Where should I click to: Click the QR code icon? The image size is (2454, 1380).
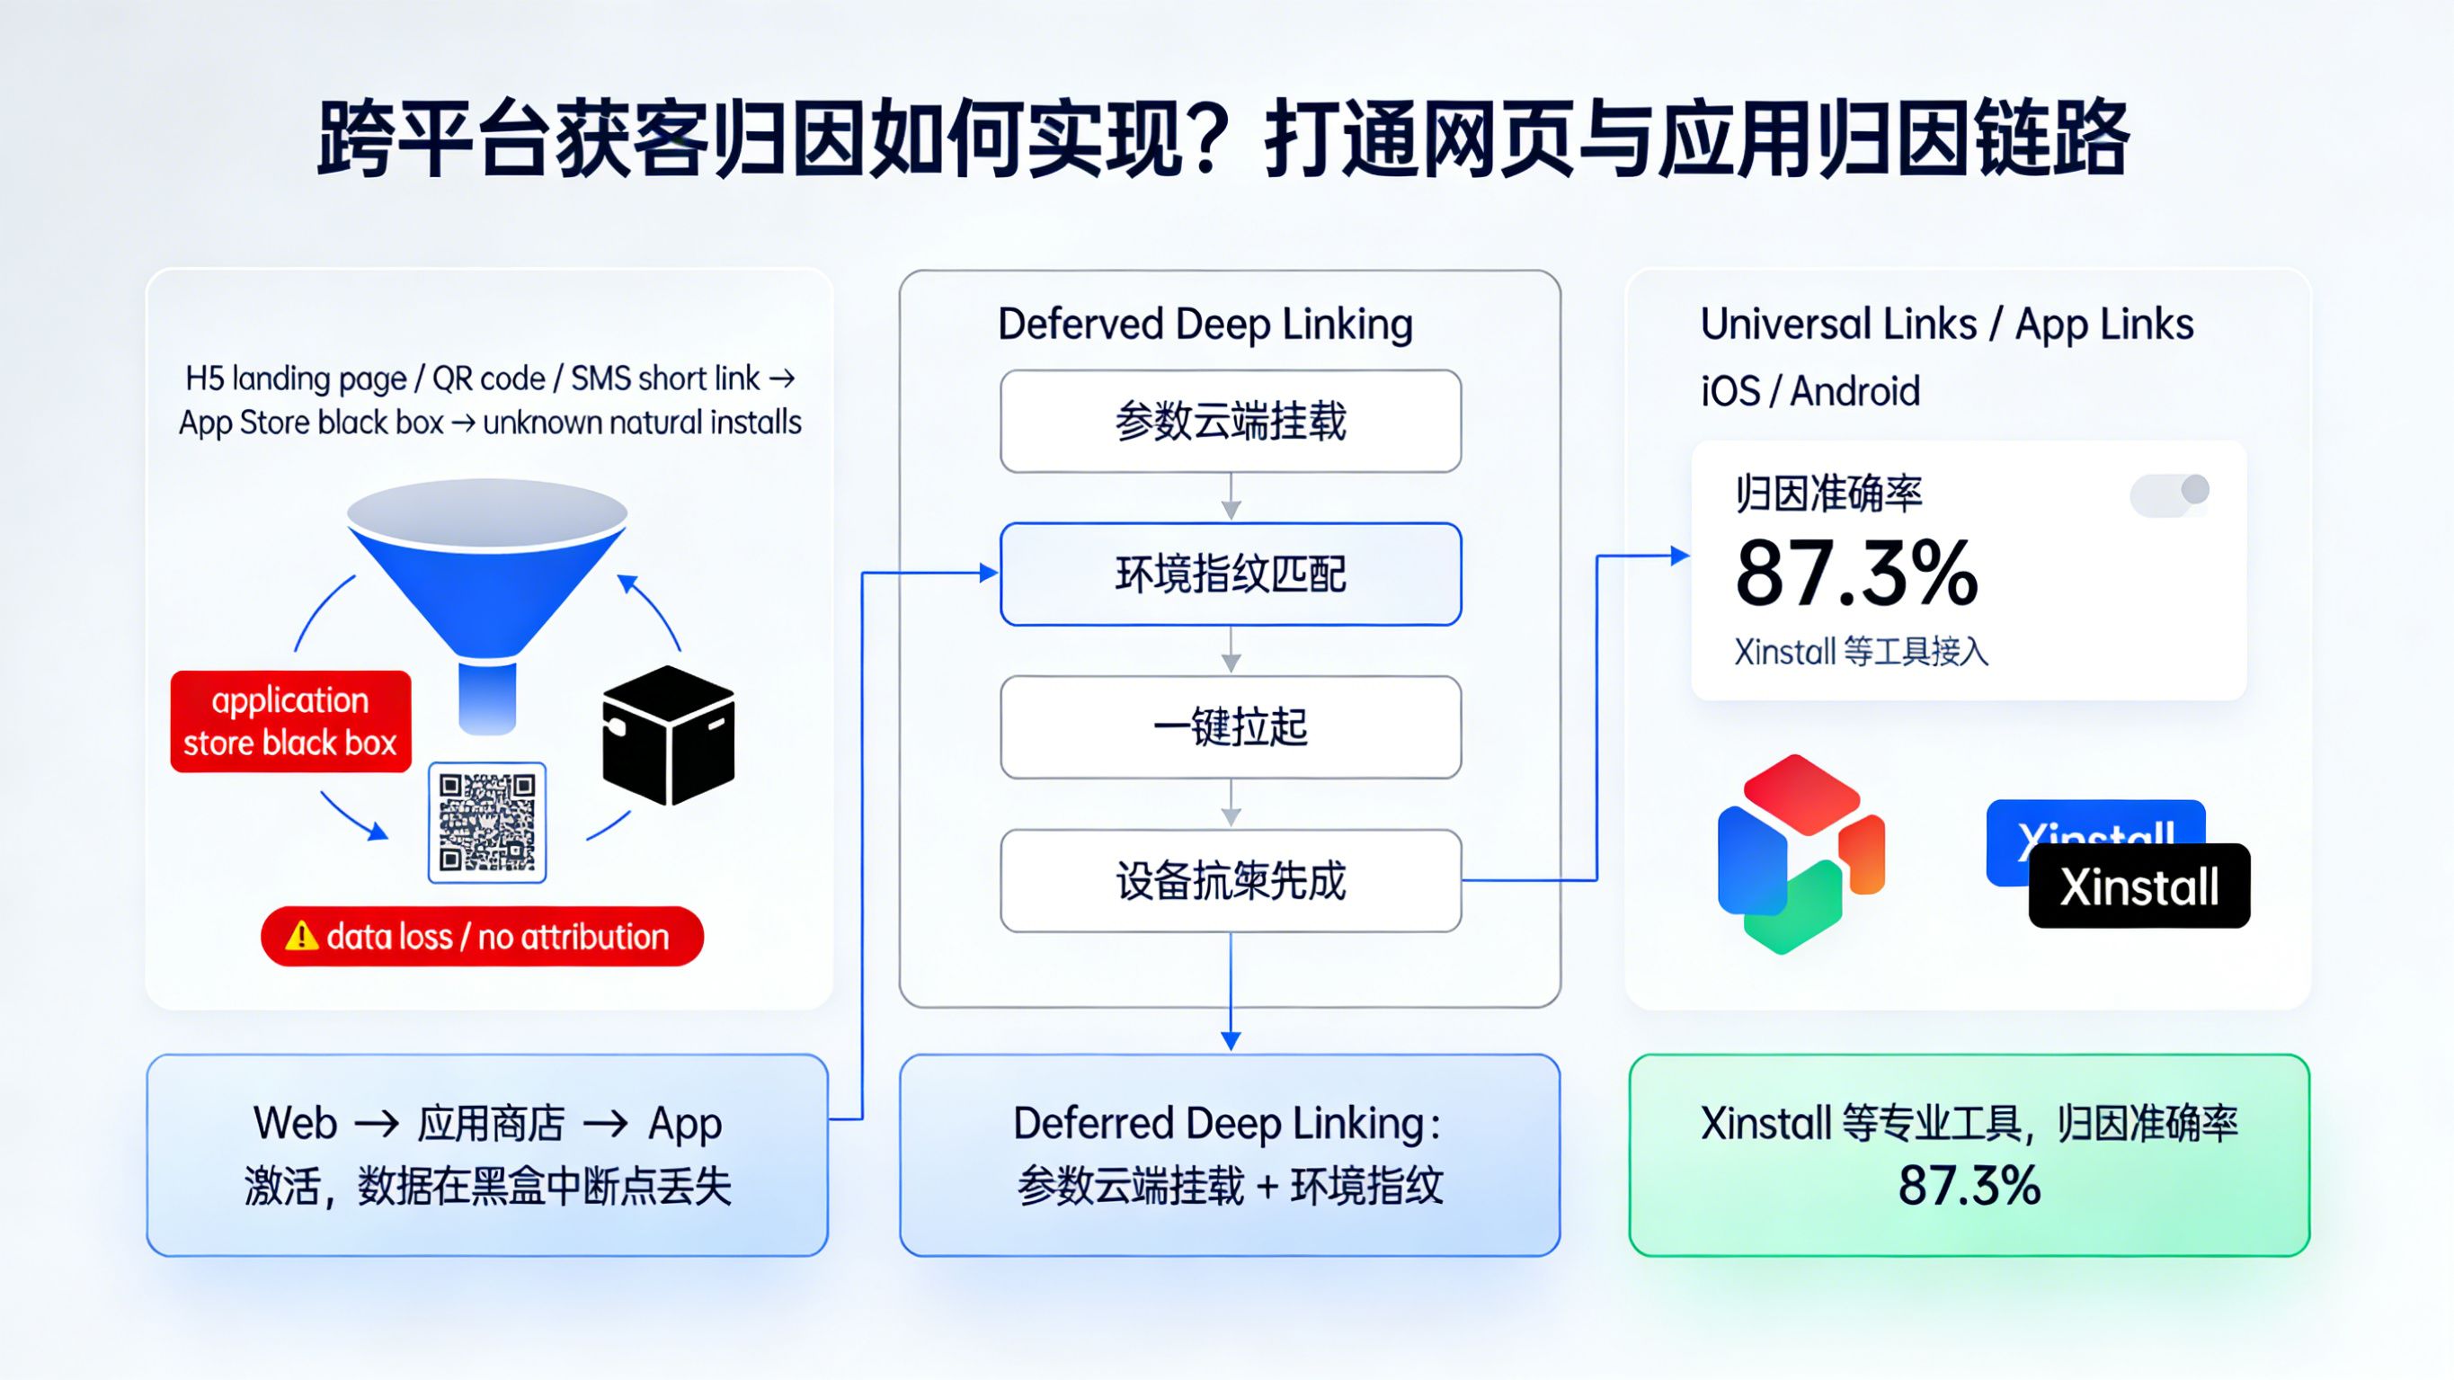(487, 822)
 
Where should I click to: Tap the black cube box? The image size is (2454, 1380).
(669, 735)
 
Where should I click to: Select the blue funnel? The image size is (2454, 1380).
(487, 582)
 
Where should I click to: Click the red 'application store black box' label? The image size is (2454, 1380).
(290, 721)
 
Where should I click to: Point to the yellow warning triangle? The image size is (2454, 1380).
(302, 936)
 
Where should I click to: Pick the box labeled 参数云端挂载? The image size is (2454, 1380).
(1230, 422)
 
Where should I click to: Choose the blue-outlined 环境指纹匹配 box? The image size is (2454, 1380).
(1230, 574)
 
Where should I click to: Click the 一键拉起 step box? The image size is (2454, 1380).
(1230, 727)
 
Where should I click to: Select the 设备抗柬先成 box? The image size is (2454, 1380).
(1230, 881)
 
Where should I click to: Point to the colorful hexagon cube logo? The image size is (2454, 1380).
(1800, 854)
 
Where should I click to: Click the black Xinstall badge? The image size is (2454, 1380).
(2138, 886)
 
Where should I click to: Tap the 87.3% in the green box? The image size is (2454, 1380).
(1969, 1186)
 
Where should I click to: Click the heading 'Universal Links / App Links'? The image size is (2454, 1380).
(1946, 324)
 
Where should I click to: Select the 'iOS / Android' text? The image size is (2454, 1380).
(1810, 391)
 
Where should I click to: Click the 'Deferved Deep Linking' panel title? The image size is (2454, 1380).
(1205, 324)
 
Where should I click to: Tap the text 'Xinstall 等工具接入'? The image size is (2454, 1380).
(1861, 652)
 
